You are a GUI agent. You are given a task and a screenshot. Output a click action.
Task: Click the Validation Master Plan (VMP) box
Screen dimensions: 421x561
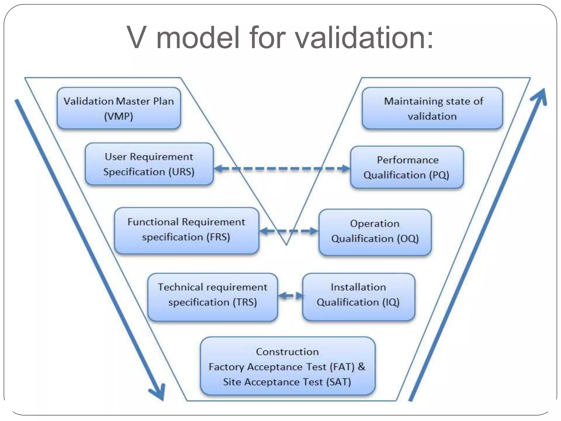point(119,108)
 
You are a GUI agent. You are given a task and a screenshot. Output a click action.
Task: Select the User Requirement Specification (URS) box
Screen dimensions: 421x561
point(149,164)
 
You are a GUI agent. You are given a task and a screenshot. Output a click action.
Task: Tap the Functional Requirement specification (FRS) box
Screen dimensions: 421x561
point(186,230)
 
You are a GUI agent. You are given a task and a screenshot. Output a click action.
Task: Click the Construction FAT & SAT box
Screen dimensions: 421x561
point(287,366)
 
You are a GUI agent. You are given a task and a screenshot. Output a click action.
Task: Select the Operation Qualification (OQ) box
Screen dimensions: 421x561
point(375,232)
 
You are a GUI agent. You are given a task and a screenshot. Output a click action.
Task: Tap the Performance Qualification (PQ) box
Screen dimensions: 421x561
point(407,167)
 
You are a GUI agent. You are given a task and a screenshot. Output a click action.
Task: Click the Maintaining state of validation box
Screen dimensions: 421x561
point(432,108)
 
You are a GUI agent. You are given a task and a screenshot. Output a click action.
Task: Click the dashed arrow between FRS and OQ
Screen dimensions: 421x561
point(289,231)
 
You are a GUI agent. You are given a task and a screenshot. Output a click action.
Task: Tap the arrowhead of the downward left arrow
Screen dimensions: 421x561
point(158,393)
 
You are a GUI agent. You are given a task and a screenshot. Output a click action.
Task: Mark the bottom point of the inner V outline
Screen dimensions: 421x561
point(286,244)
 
